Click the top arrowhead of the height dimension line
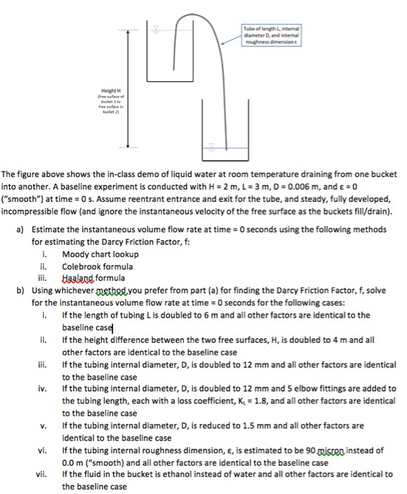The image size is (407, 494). [128, 32]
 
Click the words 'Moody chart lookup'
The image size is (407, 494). [100, 254]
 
